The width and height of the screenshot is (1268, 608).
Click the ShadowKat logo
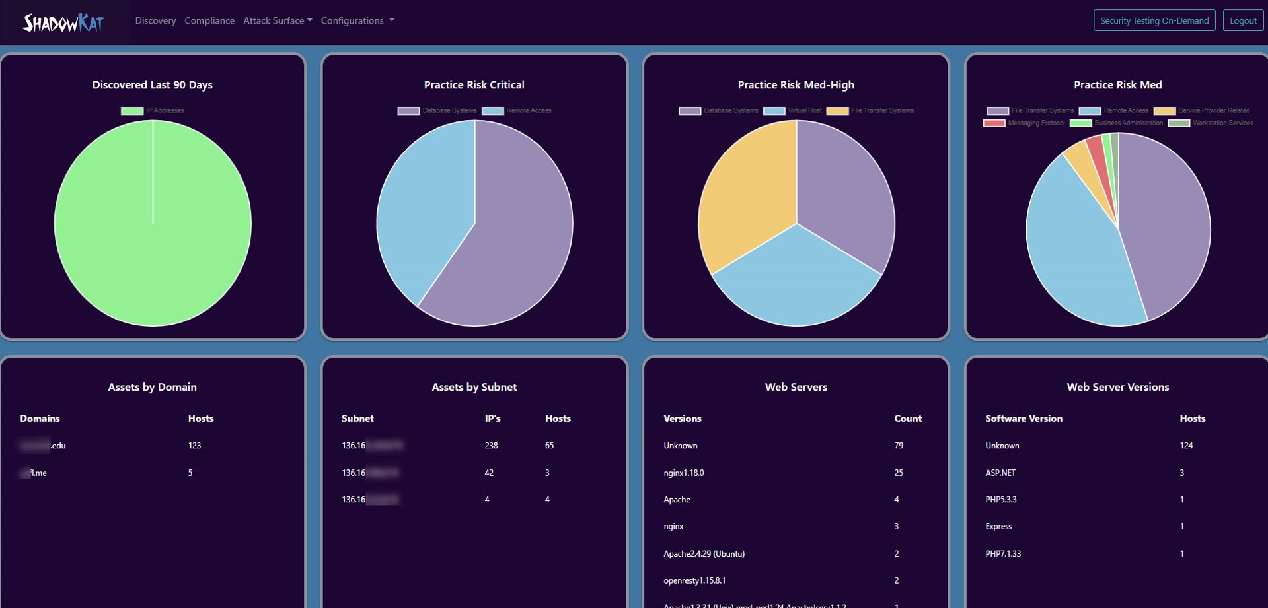pyautogui.click(x=63, y=23)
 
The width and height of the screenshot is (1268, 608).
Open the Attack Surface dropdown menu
pyautogui.click(x=278, y=20)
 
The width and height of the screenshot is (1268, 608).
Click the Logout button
pyautogui.click(x=1242, y=20)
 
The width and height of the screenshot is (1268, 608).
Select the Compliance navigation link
pyautogui.click(x=209, y=20)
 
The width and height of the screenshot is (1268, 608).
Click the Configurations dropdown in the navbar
pyautogui.click(x=357, y=20)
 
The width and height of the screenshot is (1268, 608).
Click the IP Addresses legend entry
pyautogui.click(x=153, y=110)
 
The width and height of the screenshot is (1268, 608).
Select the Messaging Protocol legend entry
pyautogui.click(x=1024, y=123)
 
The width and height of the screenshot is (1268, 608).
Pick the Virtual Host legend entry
pyautogui.click(x=792, y=110)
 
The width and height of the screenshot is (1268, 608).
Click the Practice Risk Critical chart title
pyautogui.click(x=474, y=84)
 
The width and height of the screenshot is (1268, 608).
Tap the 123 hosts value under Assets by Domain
pyautogui.click(x=194, y=446)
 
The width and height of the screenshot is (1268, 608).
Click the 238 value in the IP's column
pyautogui.click(x=491, y=446)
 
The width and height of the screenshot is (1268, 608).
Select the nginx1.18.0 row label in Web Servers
pyautogui.click(x=683, y=473)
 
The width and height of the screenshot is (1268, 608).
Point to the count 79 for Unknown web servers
pyautogui.click(x=898, y=446)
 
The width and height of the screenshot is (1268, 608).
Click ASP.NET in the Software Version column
pyautogui.click(x=1000, y=473)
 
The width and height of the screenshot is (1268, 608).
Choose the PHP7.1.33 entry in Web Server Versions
pyautogui.click(x=1002, y=553)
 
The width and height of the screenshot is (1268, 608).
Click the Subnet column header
pyautogui.click(x=357, y=419)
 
